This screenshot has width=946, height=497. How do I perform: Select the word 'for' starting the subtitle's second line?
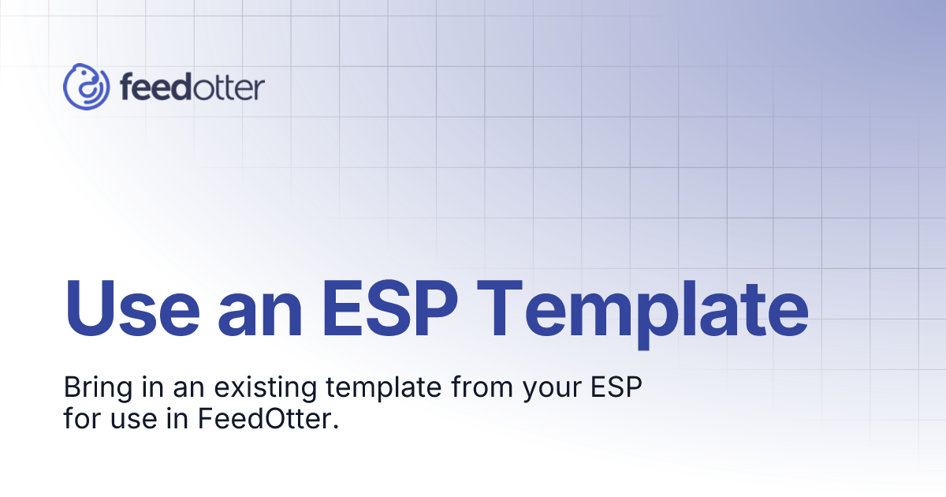[77, 419]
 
